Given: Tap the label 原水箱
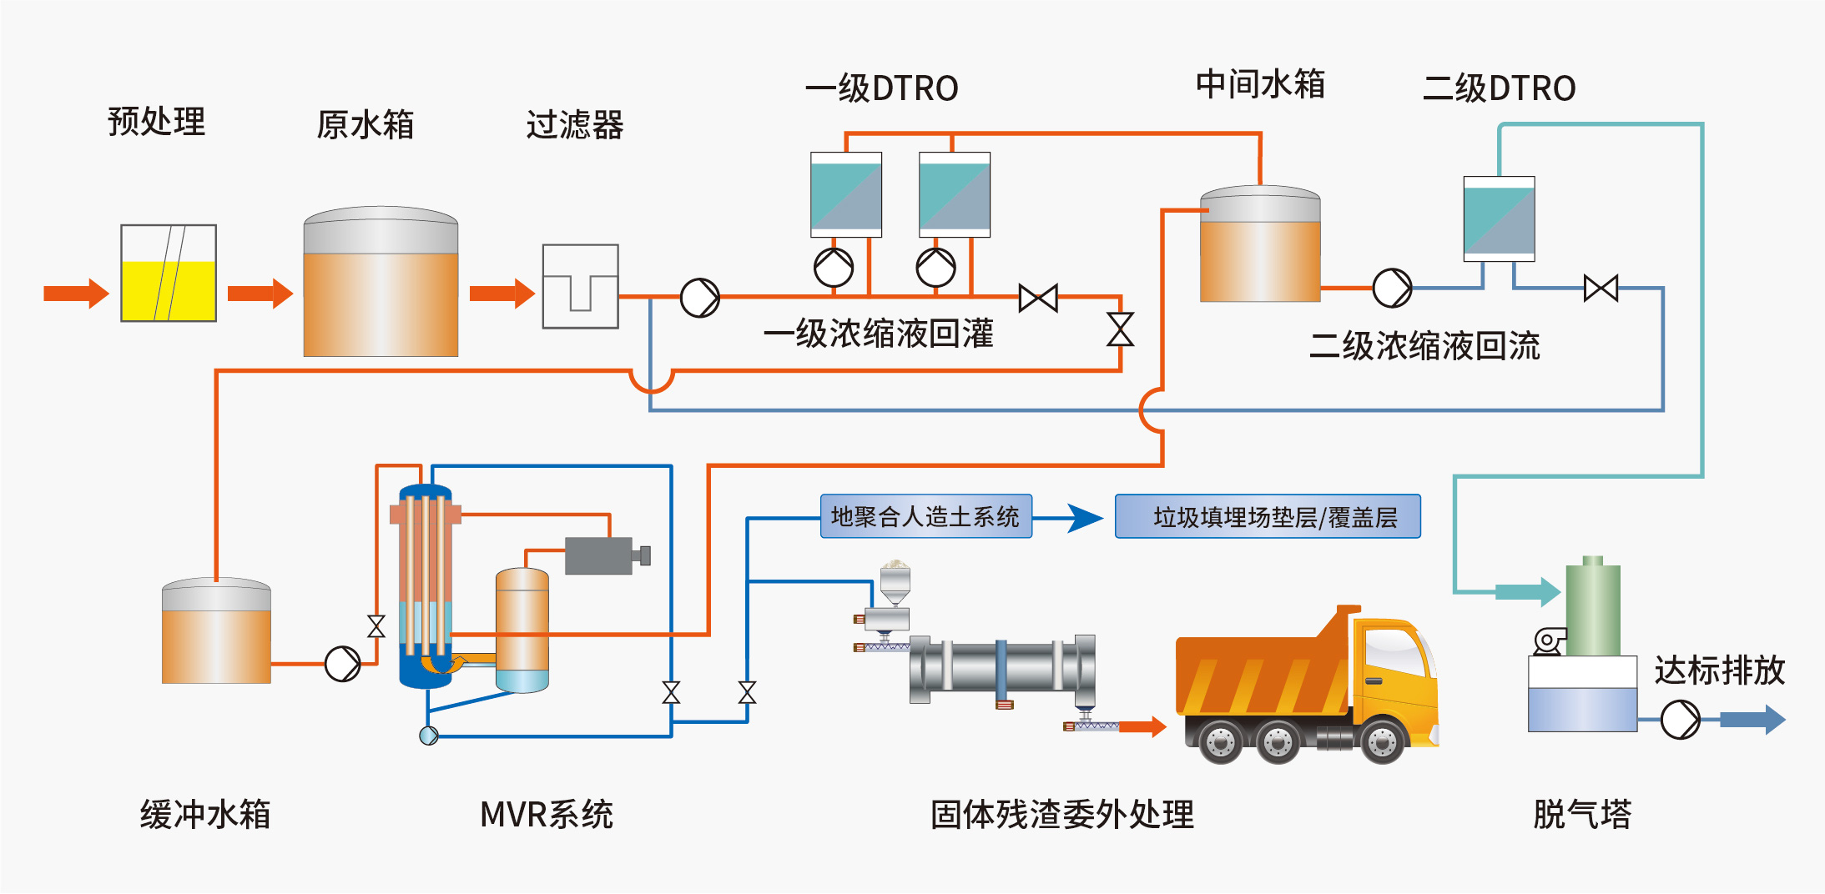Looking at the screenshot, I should tap(365, 125).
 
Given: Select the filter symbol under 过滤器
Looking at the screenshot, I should tap(580, 286).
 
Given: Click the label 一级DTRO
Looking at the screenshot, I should tap(881, 88).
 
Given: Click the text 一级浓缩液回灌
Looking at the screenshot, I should tap(878, 334).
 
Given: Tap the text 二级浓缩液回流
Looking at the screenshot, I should tap(1424, 346).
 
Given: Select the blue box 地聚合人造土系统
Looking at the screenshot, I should tap(925, 517).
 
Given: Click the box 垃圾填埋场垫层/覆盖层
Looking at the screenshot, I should tap(1268, 517).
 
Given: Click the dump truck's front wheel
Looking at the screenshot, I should tap(1382, 741).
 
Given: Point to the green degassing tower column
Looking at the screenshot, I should tap(1592, 609).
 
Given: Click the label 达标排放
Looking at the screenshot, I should tap(1719, 670).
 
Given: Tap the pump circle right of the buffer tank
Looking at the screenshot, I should tap(342, 664).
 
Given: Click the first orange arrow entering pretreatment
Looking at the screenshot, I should tap(76, 294).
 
